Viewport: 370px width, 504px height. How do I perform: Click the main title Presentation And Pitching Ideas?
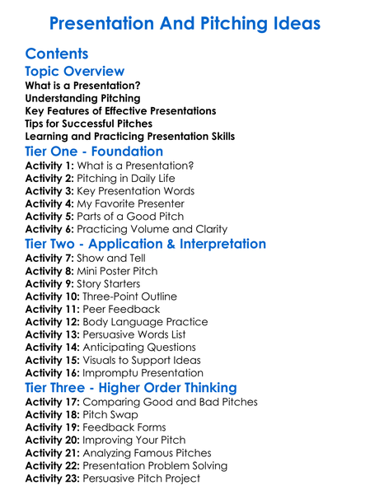point(185,23)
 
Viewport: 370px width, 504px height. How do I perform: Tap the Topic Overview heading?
point(75,72)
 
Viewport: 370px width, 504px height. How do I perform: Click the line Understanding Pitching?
point(82,98)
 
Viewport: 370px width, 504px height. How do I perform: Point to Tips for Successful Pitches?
point(89,124)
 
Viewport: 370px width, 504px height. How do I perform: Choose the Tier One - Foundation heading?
point(94,152)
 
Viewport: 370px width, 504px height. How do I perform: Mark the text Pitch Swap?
point(113,415)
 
